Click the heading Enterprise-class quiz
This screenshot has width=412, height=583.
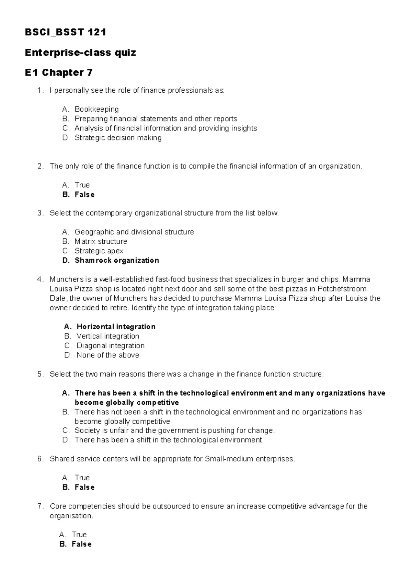tap(80, 53)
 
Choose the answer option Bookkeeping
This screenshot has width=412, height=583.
tap(96, 109)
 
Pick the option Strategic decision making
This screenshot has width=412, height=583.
tap(118, 138)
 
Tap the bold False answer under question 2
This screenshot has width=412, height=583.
tap(84, 194)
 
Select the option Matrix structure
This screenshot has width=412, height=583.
tap(101, 241)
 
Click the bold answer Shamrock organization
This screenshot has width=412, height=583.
tap(117, 260)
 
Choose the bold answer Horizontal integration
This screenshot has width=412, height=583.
tap(116, 327)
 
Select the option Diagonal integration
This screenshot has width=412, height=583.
tap(110, 345)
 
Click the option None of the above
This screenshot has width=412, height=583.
tap(107, 355)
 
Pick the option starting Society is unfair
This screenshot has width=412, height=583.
tap(174, 431)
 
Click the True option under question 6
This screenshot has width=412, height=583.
tap(82, 478)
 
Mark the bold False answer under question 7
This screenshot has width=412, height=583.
tap(81, 544)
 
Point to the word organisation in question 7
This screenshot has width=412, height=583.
tap(71, 516)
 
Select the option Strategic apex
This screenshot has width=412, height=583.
tap(99, 251)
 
